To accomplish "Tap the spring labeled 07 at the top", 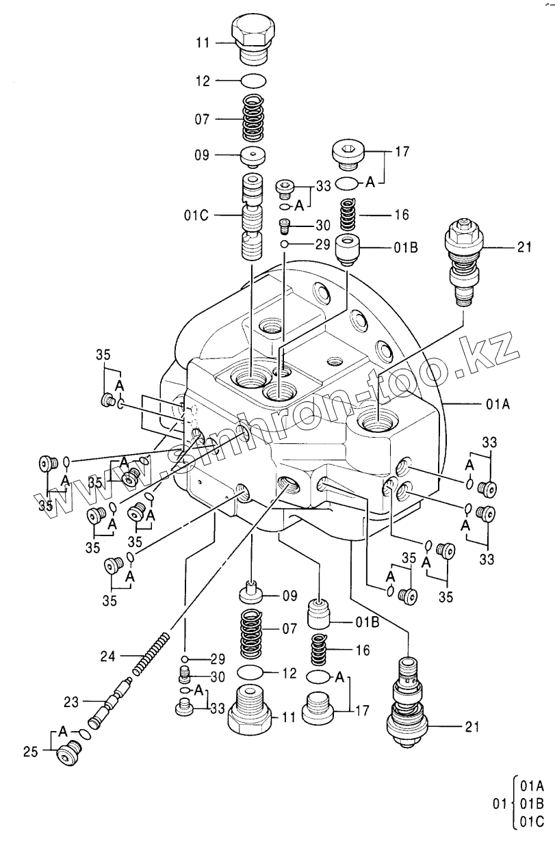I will pos(254,118).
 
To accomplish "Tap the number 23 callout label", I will pos(72,701).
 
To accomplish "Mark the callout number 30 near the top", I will pos(322,226).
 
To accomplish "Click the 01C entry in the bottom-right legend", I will pos(532,817).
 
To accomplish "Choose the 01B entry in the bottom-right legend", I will pos(532,801).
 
